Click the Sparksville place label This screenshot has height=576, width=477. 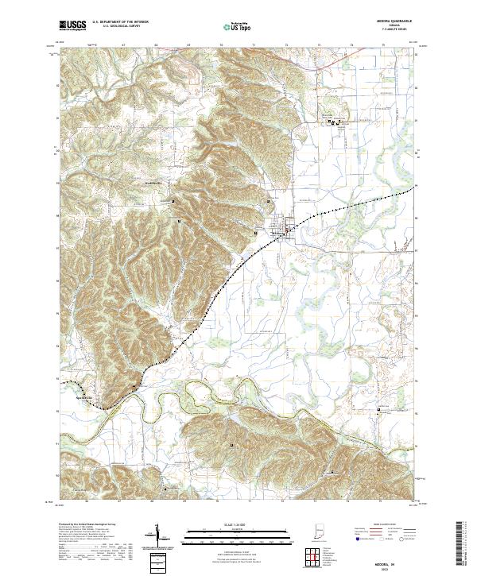83,398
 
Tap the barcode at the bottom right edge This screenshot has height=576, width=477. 464,547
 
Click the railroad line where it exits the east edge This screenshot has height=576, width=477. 413,190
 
